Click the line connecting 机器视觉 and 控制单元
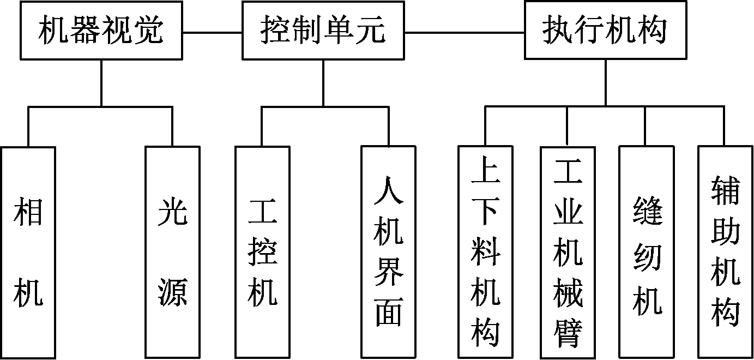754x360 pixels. (212, 32)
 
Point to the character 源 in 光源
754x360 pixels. (173, 292)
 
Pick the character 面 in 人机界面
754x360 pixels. (389, 312)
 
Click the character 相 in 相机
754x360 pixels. (28, 212)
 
